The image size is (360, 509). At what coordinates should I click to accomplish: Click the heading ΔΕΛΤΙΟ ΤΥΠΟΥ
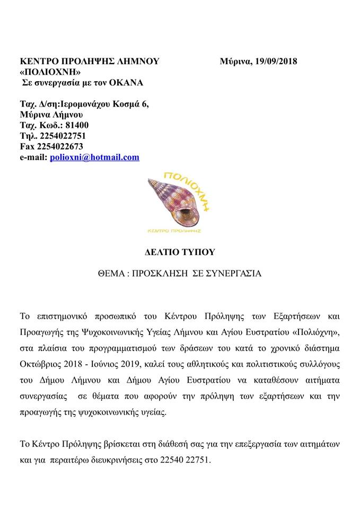coord(180,251)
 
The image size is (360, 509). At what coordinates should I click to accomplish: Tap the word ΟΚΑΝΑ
coord(125,83)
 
